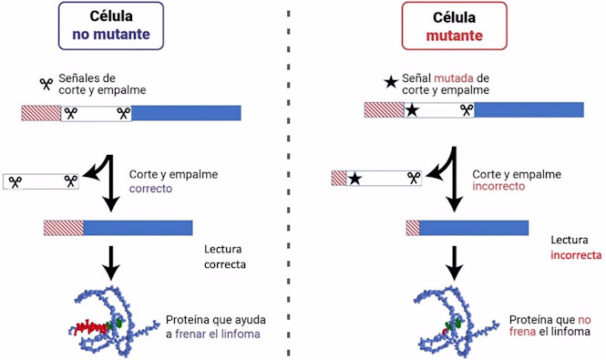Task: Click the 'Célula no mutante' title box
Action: click(112, 27)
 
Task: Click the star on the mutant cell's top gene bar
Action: click(413, 110)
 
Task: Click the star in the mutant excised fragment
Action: click(355, 179)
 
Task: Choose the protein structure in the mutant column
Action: click(452, 319)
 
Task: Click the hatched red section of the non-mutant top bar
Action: click(41, 113)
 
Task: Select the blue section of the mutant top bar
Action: click(529, 110)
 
